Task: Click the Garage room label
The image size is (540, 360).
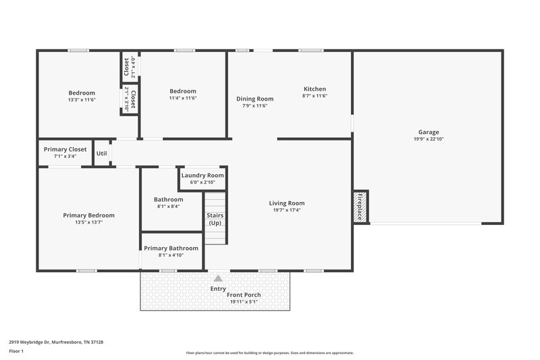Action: (428, 132)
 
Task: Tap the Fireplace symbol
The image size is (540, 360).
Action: (360, 207)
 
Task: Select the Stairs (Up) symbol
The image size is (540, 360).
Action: (215, 219)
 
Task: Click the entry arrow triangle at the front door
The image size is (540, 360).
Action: (217, 278)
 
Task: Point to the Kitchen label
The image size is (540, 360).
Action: (315, 89)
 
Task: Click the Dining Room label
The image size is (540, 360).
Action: (254, 99)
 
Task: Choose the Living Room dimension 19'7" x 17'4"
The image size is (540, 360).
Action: (287, 210)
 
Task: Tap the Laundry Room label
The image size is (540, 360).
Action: (202, 175)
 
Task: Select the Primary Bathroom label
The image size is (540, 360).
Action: (171, 248)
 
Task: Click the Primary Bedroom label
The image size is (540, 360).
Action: (88, 215)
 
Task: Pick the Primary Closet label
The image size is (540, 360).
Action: (65, 149)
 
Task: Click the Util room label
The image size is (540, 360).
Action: (101, 153)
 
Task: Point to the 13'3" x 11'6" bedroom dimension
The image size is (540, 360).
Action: (82, 99)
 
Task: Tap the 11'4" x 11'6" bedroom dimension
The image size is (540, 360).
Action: (183, 99)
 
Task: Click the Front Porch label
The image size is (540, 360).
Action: (244, 295)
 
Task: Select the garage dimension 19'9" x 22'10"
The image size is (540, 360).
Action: (428, 139)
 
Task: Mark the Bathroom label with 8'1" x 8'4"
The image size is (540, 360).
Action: (168, 199)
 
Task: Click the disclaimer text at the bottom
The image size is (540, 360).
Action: (269, 353)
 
